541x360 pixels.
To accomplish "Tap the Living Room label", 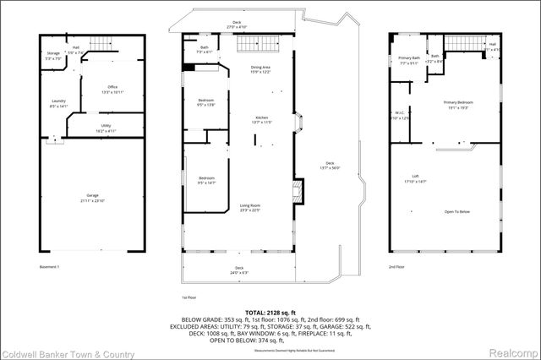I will pyautogui.click(x=249, y=208).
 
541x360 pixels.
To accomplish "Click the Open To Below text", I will pyautogui.click(x=456, y=212).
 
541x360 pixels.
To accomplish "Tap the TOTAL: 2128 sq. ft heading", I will pyautogui.click(x=270, y=312).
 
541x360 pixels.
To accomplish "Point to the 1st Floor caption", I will pyautogui.click(x=189, y=297).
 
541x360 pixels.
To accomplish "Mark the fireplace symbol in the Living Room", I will pyautogui.click(x=296, y=190).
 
